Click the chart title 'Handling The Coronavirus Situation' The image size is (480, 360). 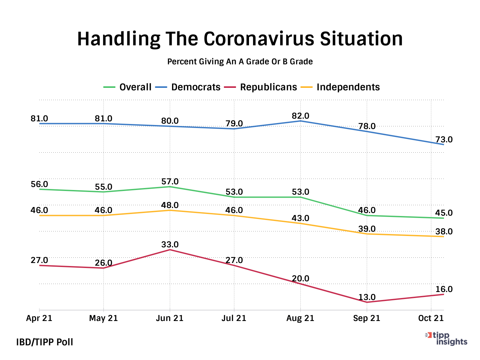click(240, 39)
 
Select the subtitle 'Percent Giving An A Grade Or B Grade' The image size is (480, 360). click(240, 62)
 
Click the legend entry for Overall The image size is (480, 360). click(128, 87)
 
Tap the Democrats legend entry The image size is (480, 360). click(188, 87)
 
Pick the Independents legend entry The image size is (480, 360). click(340, 87)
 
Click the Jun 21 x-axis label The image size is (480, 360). click(170, 318)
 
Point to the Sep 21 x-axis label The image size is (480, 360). click(367, 318)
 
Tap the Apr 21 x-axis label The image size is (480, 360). click(39, 318)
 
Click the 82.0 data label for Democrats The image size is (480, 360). click(301, 116)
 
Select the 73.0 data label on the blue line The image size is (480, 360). click(444, 140)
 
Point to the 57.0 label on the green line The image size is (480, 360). click(170, 182)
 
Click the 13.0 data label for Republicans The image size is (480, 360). click(367, 297)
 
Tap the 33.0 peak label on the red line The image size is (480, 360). click(170, 245)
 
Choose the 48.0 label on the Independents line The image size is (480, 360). click(170, 205)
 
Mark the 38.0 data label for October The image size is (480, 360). click(444, 232)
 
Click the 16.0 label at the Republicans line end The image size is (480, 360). click(444, 289)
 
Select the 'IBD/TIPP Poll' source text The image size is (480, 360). click(45, 342)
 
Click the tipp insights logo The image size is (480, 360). click(447, 339)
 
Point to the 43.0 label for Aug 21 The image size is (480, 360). click(301, 218)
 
